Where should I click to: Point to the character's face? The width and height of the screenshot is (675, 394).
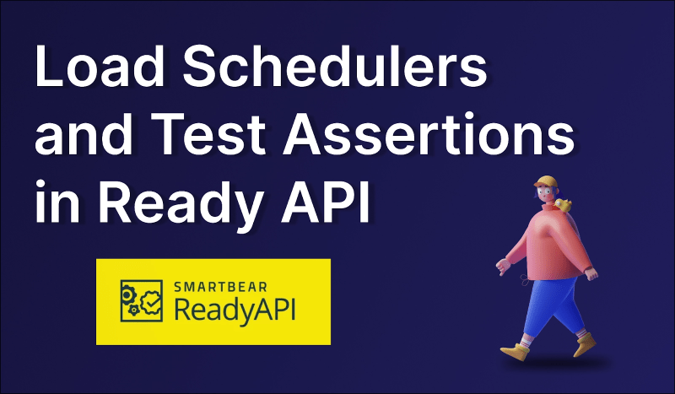pos(543,196)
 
